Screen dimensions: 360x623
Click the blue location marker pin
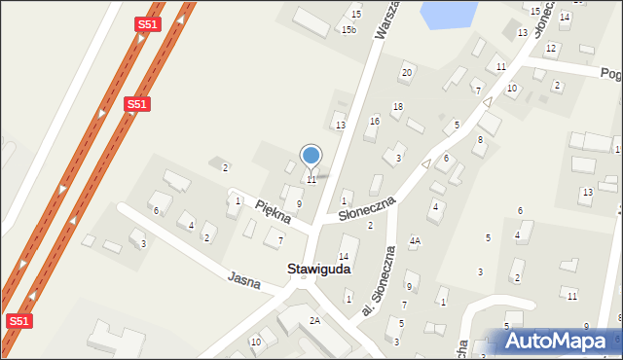(311, 156)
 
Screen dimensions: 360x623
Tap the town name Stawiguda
(318, 269)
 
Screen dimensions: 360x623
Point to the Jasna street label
(244, 281)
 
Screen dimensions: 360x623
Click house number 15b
(348, 30)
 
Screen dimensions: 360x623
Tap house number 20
(407, 73)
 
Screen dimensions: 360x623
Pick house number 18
(397, 106)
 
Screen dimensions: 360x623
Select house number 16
(375, 121)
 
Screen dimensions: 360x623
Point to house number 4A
(415, 240)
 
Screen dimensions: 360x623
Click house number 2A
(314, 320)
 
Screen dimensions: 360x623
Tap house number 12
(551, 48)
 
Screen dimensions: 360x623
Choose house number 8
(479, 140)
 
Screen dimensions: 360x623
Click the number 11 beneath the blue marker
(311, 180)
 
